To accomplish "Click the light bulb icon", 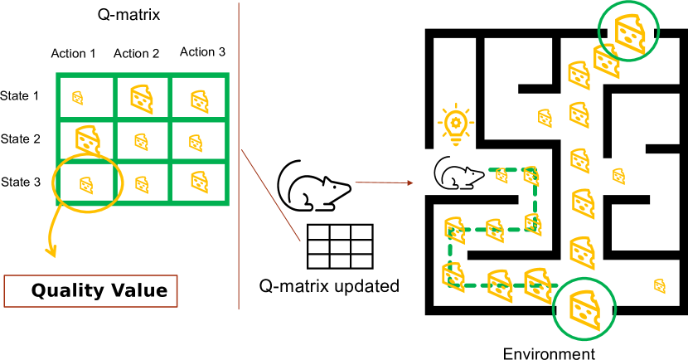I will (455, 125).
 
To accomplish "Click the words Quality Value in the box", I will (99, 291).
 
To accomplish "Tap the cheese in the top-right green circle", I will (630, 32).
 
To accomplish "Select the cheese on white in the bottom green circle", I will (585, 310).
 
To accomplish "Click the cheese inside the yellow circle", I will (86, 185).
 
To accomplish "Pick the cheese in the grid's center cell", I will (142, 142).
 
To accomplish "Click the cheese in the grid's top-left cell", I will (77, 98).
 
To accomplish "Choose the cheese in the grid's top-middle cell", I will (142, 99).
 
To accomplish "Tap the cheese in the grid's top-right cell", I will (199, 101).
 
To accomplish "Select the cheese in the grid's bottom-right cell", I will (199, 182).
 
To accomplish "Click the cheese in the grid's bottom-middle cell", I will (142, 184).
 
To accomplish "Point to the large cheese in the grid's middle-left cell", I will (87, 139).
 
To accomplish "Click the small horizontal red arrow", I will (384, 182).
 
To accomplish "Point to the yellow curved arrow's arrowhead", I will (51, 251).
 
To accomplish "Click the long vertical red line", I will (239, 158).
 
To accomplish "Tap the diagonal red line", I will (270, 195).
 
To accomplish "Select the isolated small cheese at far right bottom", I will (660, 286).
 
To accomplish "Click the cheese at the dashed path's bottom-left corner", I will (453, 277).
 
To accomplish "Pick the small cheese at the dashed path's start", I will (501, 175).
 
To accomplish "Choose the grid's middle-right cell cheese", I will (196, 143).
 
